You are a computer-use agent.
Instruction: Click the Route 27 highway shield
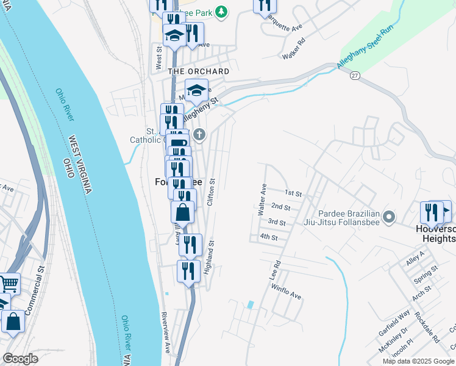click(354, 74)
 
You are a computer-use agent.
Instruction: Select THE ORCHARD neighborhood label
click(199, 71)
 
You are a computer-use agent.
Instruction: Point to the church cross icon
click(199, 134)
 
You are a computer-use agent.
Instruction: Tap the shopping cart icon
click(9, 282)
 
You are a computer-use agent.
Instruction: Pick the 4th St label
click(268, 237)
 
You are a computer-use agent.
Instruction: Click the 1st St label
click(294, 193)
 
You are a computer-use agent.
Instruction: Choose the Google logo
click(20, 359)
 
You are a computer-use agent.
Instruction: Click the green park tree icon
click(223, 11)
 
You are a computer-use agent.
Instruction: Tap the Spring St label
click(426, 275)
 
